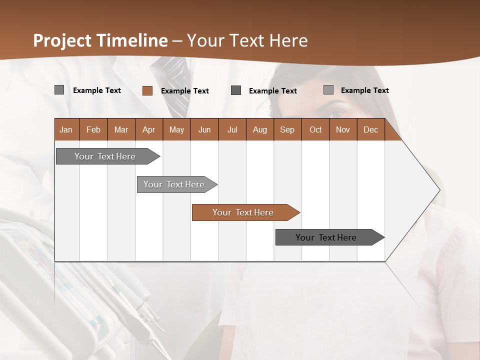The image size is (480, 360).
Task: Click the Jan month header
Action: coord(66,129)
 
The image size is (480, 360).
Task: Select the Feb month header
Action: coord(93,129)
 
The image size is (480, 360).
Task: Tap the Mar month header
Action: coord(121,129)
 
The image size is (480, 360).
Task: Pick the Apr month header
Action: coord(149,129)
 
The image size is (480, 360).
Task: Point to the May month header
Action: coord(176,129)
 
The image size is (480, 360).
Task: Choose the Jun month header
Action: coord(204,129)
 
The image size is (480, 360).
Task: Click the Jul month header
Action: coord(232,129)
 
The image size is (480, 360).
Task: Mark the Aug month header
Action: coord(260,129)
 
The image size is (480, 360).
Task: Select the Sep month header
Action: coord(287,129)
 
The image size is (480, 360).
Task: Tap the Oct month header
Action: coord(315,129)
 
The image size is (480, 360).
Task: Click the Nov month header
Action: coord(343,129)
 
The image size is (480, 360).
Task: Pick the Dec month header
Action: coord(371,129)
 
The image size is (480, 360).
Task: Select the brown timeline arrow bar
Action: coord(245,212)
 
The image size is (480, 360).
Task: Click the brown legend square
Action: coord(147,90)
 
